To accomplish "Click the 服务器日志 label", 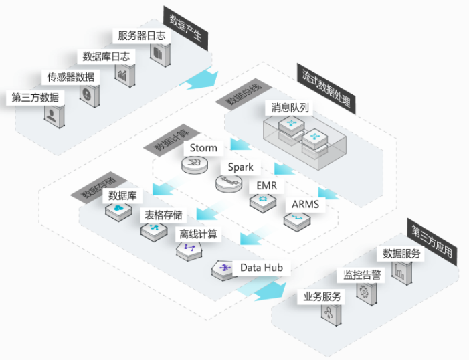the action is (x=141, y=36).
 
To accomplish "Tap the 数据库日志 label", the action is (x=106, y=56).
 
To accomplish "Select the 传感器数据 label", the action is (x=71, y=77).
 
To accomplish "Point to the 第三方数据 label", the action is (x=35, y=98).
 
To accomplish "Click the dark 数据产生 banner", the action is (x=186, y=28).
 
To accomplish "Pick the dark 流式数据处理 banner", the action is (x=326, y=88).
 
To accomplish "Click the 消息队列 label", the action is (x=290, y=108).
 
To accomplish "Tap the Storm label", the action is (x=203, y=148).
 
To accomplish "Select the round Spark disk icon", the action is (x=229, y=183).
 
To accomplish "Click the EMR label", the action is (x=267, y=186).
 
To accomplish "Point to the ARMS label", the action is (x=305, y=205).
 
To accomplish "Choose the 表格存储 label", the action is (x=163, y=215).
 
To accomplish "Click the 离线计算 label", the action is (x=198, y=234).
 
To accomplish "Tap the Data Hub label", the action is (x=262, y=268).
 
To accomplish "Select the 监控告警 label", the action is (x=362, y=275).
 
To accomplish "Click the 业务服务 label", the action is (x=322, y=297).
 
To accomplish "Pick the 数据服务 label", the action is (x=401, y=254).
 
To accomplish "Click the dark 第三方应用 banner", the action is (x=432, y=242).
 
